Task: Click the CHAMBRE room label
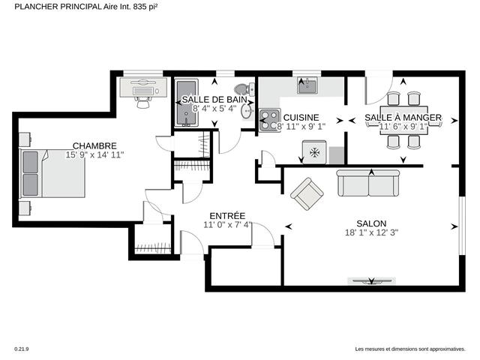[x=94, y=145]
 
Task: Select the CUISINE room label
[x=301, y=118]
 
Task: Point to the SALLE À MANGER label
[x=403, y=118]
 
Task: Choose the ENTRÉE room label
[x=226, y=215]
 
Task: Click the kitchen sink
[x=307, y=88]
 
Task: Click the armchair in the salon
[x=307, y=195]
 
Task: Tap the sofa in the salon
[x=368, y=182]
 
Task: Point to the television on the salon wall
[x=370, y=281]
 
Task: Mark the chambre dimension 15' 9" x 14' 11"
[x=94, y=154]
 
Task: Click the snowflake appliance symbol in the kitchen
[x=314, y=153]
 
